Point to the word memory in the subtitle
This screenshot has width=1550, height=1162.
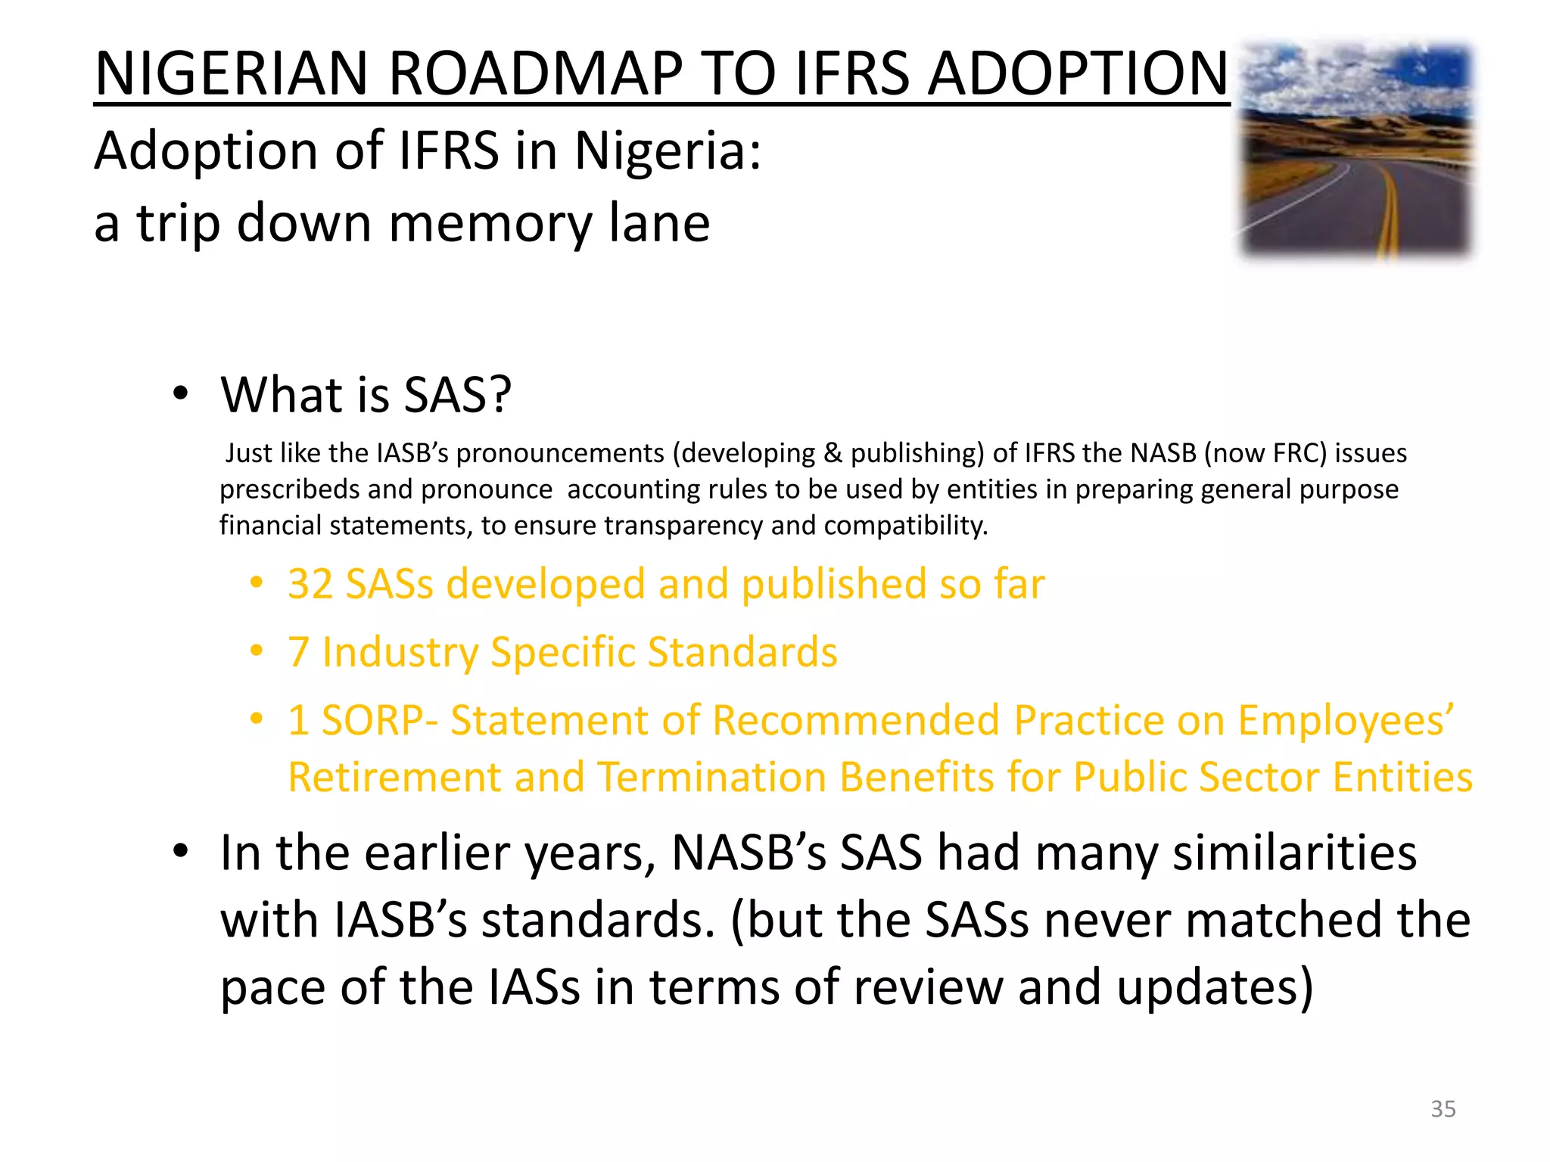pos(490,223)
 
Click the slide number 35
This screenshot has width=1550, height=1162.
pos(1443,1109)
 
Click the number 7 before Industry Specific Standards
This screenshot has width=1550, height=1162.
pos(298,652)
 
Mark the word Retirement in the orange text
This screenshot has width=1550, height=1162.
pos(394,778)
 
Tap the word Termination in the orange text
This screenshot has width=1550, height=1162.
pos(711,778)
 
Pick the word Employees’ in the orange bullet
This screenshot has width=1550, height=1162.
pos(1345,720)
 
